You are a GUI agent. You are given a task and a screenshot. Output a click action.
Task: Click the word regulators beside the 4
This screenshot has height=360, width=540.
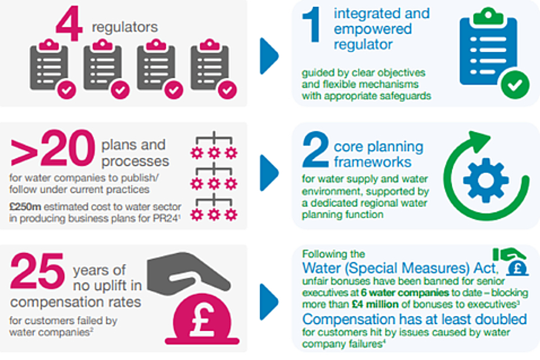click(x=133, y=27)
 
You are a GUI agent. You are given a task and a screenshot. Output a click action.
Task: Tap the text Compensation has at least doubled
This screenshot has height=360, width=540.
click(x=415, y=319)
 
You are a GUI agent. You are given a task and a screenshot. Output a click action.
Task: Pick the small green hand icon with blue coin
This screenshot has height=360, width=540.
click(x=512, y=260)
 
